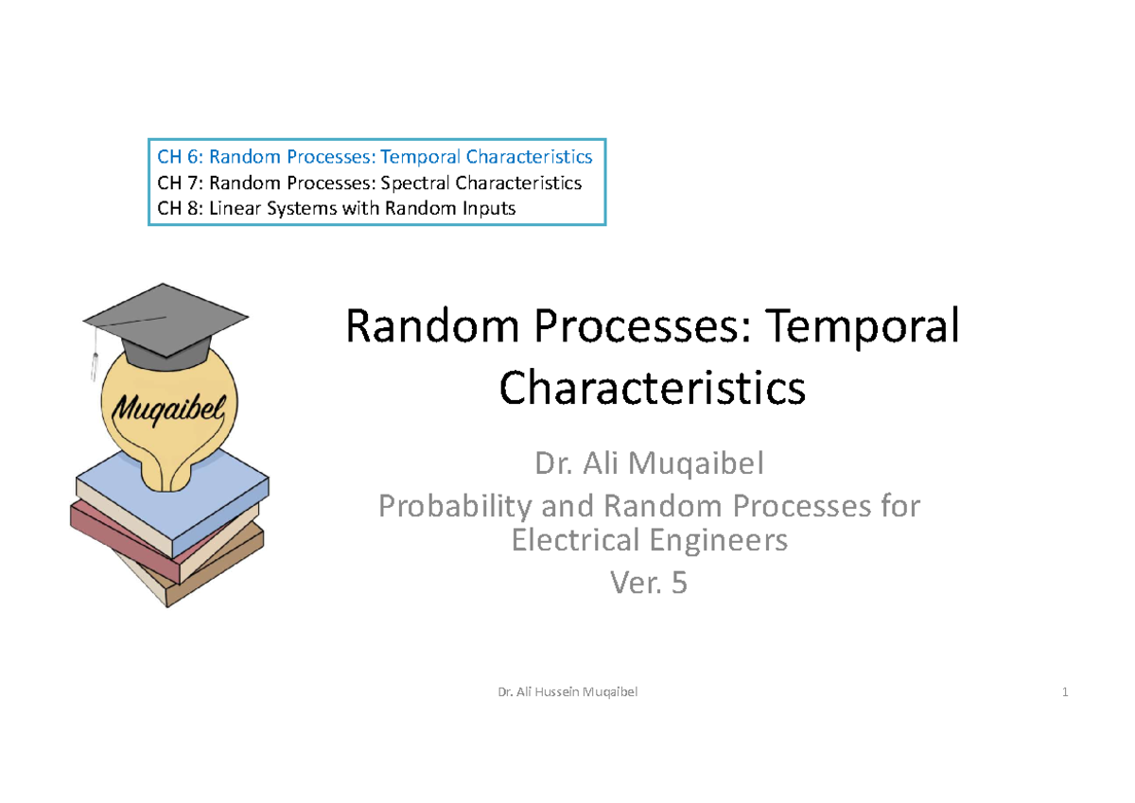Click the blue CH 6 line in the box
click(375, 156)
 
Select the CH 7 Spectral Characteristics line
click(369, 183)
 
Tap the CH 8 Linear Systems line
click(336, 208)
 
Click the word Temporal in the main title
click(863, 327)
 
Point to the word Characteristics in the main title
click(652, 387)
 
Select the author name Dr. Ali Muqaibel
click(649, 464)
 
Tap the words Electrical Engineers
click(649, 541)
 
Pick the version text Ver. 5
click(649, 584)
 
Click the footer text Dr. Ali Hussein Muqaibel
click(567, 692)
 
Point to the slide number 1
click(1065, 692)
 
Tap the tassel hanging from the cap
click(95, 355)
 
